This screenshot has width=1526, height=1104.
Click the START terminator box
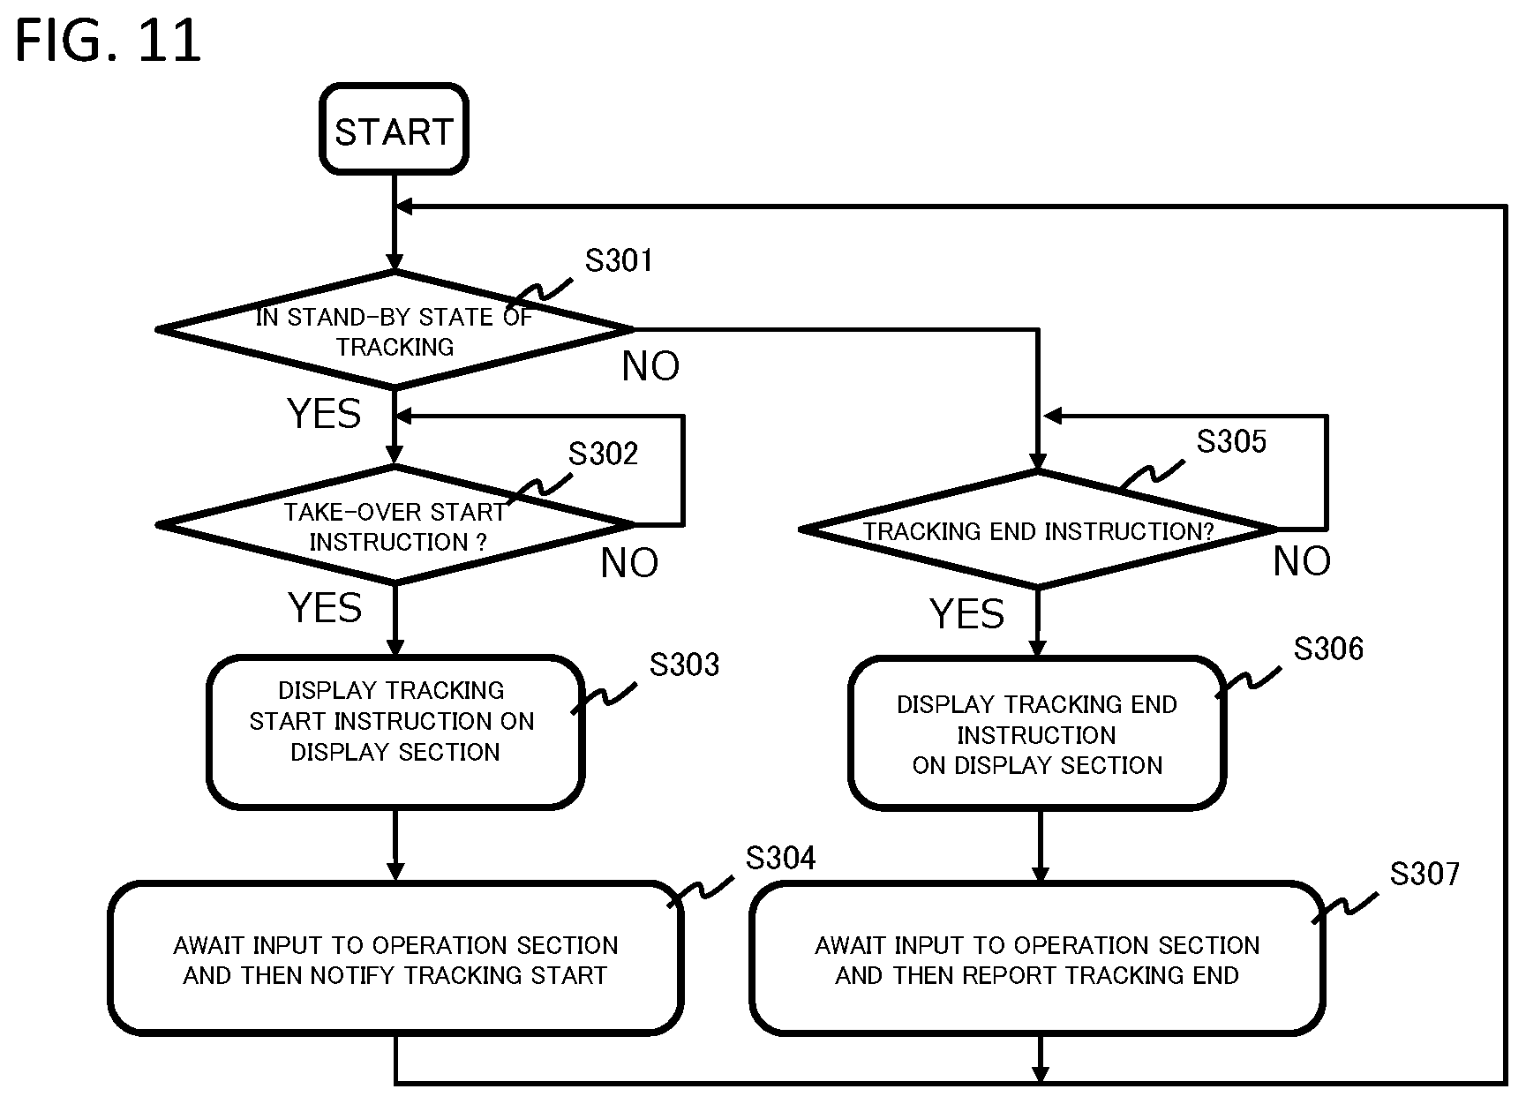click(394, 130)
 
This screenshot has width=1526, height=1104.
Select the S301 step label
click(619, 260)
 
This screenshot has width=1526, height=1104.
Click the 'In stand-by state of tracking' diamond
click(395, 329)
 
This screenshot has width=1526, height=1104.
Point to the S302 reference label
click(603, 454)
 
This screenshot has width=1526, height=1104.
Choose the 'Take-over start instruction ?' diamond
click(395, 525)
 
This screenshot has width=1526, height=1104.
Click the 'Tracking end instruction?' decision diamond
click(1038, 529)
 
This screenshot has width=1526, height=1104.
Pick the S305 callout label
click(1231, 441)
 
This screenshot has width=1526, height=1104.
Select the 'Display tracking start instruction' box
click(395, 732)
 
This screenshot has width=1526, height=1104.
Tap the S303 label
click(684, 665)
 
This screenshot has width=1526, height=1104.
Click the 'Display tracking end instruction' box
click(1037, 733)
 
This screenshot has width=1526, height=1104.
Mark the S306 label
click(1328, 650)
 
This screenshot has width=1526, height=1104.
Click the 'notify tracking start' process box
click(395, 958)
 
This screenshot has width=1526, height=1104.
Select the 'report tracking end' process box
click(1037, 958)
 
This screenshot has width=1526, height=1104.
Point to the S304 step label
click(781, 858)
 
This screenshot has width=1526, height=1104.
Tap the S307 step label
click(1425, 874)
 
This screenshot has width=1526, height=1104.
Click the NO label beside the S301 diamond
click(650, 366)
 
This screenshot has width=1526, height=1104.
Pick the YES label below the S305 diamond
click(967, 613)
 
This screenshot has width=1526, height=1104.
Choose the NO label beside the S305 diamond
click(1302, 561)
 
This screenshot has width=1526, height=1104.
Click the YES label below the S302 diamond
click(325, 608)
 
